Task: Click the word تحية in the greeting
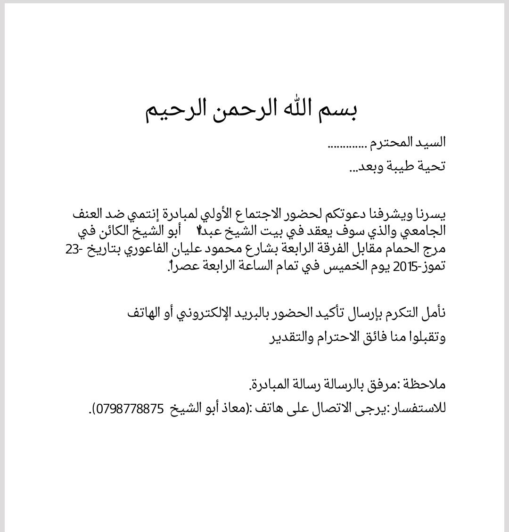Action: pyautogui.click(x=432, y=166)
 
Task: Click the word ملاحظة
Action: pyautogui.click(x=423, y=385)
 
